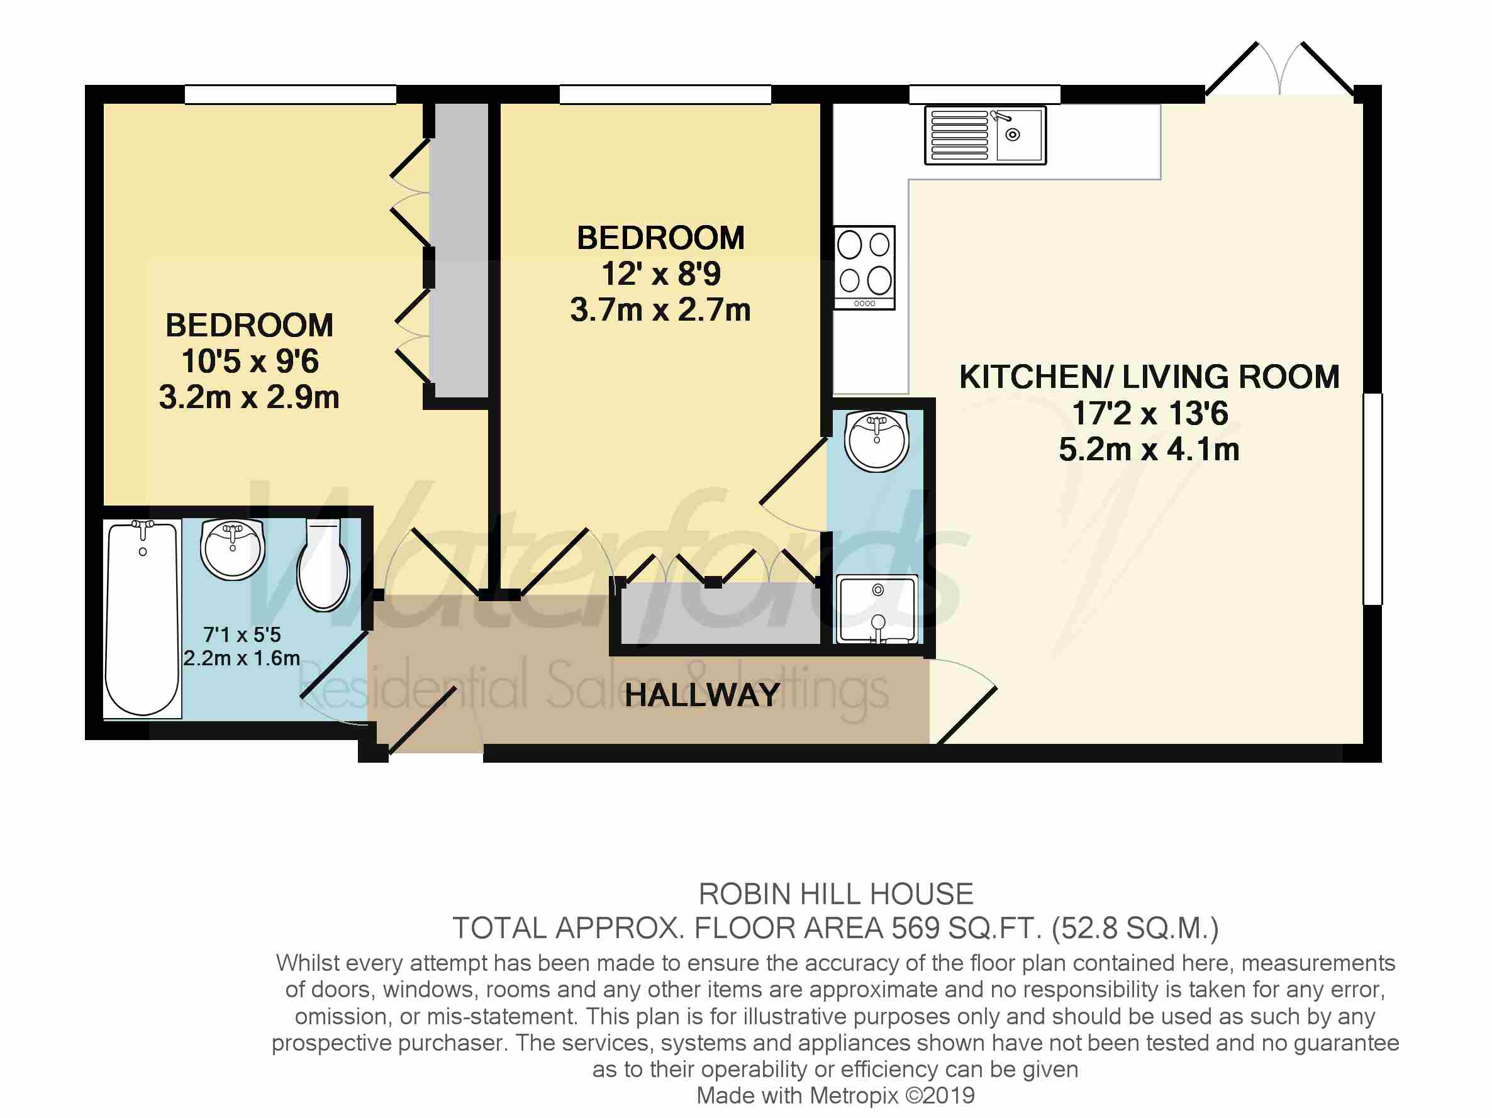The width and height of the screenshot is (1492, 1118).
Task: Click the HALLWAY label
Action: [702, 695]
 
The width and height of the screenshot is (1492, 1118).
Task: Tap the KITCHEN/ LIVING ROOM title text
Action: [1149, 377]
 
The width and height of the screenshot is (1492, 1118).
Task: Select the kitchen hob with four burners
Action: [865, 268]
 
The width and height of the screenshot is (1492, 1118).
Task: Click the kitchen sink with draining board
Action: [985, 135]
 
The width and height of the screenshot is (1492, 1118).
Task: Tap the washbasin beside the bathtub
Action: [233, 549]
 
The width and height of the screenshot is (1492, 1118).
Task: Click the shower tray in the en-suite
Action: [877, 609]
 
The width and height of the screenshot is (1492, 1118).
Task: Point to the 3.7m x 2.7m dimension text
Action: [660, 310]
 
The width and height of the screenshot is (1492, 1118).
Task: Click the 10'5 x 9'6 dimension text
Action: [250, 362]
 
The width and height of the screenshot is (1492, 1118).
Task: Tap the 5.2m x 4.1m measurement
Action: [1149, 449]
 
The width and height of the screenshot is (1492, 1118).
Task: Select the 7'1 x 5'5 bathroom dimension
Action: [242, 634]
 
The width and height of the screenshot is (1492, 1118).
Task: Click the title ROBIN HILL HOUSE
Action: [836, 894]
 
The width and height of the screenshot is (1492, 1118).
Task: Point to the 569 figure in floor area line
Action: [915, 929]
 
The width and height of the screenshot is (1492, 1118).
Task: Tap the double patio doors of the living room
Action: [1279, 70]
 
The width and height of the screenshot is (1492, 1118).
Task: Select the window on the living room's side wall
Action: [1372, 499]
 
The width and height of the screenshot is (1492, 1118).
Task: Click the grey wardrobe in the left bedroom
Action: [459, 250]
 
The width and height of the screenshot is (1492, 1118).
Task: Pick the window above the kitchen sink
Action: [985, 94]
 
